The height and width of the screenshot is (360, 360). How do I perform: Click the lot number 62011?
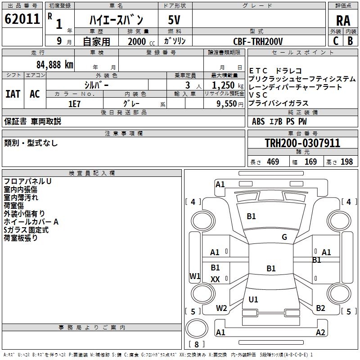coord(21,19)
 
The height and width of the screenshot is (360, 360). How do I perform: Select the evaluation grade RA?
coord(343,21)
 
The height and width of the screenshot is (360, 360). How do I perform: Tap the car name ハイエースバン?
coord(116,20)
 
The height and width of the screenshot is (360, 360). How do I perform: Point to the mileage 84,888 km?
coord(52,64)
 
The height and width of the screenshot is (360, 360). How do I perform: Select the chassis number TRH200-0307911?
coord(302,143)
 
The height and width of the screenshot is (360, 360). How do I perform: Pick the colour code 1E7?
coord(74,104)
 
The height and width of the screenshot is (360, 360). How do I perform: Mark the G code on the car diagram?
coord(284,237)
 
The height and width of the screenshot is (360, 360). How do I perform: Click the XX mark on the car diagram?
coord(216,279)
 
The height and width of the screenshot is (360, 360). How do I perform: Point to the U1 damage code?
coord(253,299)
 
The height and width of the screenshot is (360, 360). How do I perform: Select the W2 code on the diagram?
coord(221,308)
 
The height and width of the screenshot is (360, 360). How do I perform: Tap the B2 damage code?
coord(320,308)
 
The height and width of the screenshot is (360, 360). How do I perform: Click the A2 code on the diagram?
coord(320,333)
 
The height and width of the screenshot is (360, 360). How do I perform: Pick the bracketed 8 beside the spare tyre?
coord(196,345)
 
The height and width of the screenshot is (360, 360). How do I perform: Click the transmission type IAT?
coord(13,94)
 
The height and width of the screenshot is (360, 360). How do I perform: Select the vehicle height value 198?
coord(346,162)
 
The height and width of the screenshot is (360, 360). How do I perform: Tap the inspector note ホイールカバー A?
coord(31,222)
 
